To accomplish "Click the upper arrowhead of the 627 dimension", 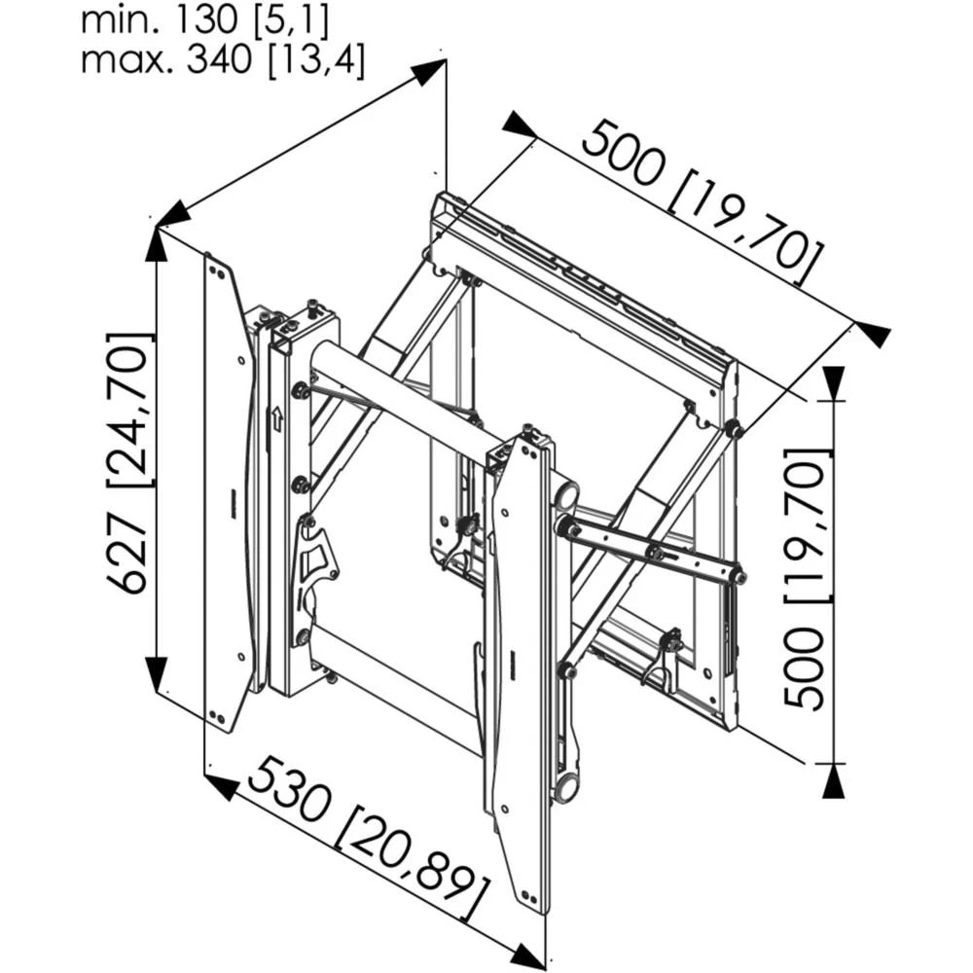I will coord(156,245).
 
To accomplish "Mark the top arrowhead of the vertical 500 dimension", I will coord(833,383).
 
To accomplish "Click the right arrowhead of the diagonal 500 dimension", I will coord(872,333).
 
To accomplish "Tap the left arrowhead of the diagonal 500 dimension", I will coord(519,125).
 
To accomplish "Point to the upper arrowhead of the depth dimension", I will coord(428,72).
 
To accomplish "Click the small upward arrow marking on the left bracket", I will coord(276,418).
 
